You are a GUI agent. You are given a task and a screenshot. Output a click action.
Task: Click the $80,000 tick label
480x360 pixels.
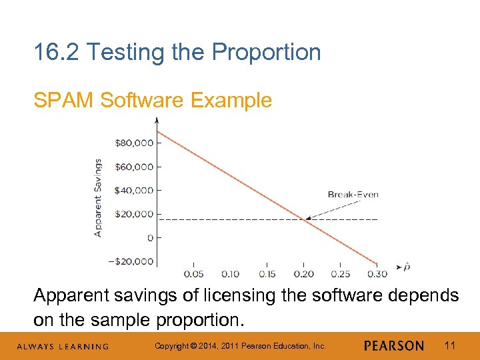click(135, 143)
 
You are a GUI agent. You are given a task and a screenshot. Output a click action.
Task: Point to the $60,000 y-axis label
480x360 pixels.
click(135, 167)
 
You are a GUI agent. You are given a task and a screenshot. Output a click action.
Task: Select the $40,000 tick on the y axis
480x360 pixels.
click(135, 191)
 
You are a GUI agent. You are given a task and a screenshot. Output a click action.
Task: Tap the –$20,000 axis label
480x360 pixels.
click(131, 261)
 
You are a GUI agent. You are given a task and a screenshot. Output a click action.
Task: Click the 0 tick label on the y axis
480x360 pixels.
click(150, 238)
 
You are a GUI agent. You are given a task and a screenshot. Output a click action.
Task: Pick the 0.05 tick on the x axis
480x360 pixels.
click(193, 274)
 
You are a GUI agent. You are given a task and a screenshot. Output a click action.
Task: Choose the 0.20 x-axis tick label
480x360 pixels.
click(303, 274)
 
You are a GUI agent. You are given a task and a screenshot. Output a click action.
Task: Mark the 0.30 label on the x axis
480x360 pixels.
click(377, 274)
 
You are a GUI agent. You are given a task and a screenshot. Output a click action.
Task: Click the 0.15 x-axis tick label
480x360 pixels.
click(267, 274)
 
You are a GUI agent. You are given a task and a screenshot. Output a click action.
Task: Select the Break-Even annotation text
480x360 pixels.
click(353, 195)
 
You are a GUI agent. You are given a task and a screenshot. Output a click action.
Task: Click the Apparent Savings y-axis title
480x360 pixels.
click(99, 197)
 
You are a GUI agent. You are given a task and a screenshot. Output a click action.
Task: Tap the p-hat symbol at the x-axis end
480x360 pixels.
click(407, 267)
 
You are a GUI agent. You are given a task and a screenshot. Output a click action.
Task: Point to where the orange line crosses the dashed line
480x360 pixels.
click(306, 219)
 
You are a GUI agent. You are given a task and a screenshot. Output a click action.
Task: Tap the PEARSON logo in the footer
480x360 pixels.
click(394, 346)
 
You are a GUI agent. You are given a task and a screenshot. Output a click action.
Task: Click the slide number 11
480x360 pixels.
click(449, 345)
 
